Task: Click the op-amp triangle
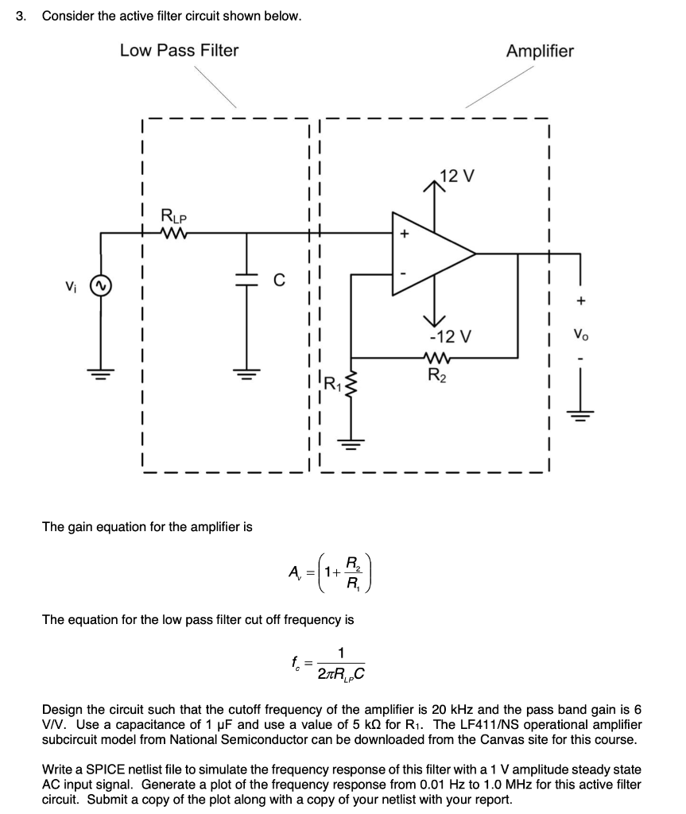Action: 429,254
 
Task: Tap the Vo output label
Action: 581,335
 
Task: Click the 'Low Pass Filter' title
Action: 179,51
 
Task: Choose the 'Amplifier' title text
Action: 540,52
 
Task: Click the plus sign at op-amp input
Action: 404,235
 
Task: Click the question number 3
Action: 21,16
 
